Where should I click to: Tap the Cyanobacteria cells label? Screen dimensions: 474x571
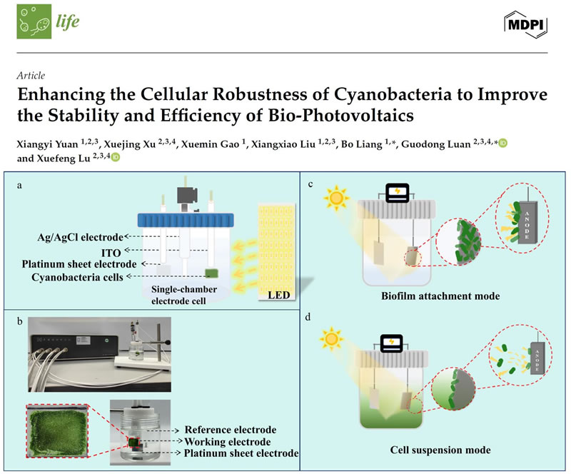pos(78,276)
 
